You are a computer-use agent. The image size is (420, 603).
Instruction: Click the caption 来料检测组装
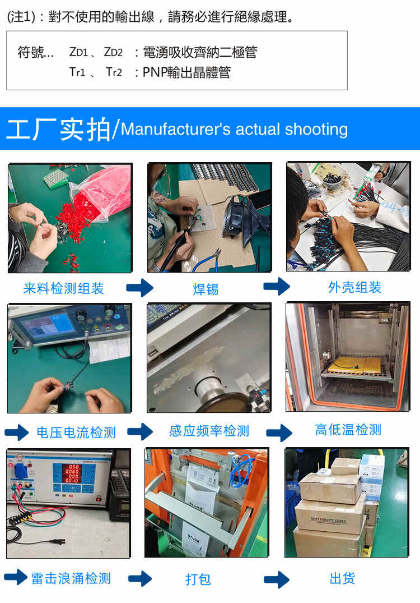(63, 288)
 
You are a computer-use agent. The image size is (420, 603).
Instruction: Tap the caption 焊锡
(206, 289)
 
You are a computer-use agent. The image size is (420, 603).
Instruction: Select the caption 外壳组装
(354, 287)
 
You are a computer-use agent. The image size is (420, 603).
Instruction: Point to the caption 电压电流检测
(76, 432)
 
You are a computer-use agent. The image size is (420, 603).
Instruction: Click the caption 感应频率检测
(209, 431)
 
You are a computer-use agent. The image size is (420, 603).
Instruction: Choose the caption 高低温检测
(348, 430)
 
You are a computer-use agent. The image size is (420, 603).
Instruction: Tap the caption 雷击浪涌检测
(71, 578)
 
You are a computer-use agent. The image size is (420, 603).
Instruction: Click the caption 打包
(198, 579)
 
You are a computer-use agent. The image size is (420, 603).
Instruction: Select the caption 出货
(343, 578)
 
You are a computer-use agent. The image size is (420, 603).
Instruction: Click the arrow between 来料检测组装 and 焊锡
(140, 287)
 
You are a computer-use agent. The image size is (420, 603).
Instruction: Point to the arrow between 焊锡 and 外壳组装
(277, 287)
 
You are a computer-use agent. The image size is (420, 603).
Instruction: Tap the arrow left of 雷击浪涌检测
(16, 577)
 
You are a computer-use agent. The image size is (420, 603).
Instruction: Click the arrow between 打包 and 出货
(277, 579)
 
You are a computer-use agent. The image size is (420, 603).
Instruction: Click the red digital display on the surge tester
(72, 473)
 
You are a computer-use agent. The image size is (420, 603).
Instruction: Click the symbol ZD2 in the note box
(113, 52)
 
